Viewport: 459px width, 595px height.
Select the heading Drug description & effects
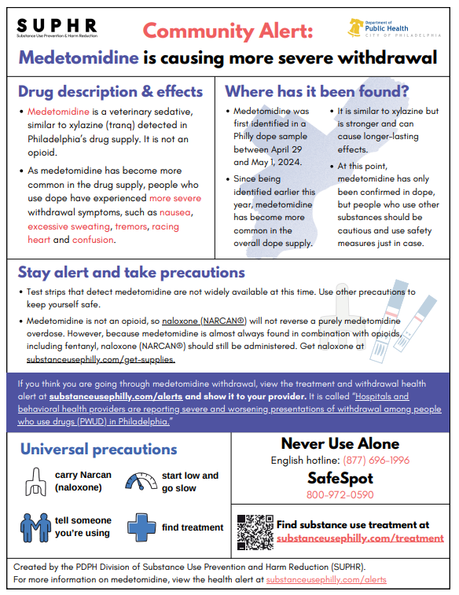coord(110,91)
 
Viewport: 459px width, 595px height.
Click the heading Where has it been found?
coord(317,91)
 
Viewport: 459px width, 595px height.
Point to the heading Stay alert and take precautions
coord(131,273)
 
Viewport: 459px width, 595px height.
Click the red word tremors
coord(130,226)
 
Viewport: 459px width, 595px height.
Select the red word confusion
coord(94,240)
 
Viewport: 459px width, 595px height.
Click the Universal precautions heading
coord(98,450)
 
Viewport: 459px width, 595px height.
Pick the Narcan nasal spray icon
coord(35,481)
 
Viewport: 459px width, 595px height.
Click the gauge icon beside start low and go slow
coord(140,481)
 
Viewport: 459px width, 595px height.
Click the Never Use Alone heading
coord(340,443)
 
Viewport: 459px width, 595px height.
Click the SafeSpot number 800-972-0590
coord(340,495)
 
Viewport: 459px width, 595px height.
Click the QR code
coord(254,531)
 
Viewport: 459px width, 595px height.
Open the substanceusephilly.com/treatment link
coord(360,538)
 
